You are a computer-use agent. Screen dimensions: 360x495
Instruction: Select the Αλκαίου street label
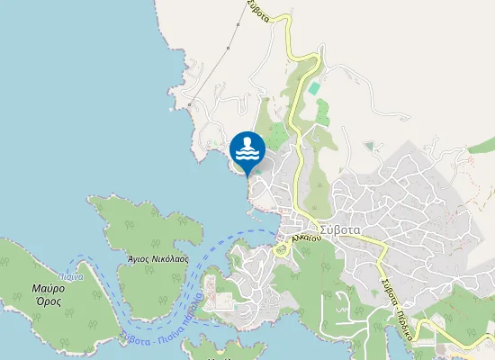point(307,238)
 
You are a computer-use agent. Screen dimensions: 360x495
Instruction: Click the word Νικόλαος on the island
point(171,257)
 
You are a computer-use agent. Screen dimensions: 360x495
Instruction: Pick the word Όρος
point(49,302)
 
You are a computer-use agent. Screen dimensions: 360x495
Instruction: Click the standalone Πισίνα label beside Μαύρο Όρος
point(72,276)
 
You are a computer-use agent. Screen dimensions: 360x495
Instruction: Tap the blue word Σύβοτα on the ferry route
point(134,338)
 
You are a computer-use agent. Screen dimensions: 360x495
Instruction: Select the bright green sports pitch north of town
point(313,88)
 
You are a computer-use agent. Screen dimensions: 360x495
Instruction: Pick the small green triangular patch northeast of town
point(368,145)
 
